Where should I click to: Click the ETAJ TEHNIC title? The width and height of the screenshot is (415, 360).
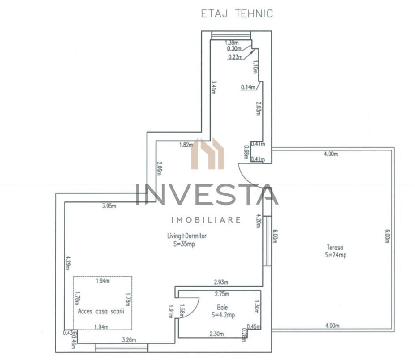coord(237,13)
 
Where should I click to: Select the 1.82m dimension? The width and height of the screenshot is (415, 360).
coord(186,145)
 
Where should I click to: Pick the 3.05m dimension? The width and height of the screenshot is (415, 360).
coord(109,206)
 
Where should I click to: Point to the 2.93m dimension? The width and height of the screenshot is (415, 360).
coord(220,282)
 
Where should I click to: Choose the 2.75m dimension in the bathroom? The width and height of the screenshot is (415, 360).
coord(222,294)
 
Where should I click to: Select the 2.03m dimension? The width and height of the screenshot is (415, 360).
coord(258,108)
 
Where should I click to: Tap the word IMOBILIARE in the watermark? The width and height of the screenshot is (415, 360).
coord(207,220)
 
